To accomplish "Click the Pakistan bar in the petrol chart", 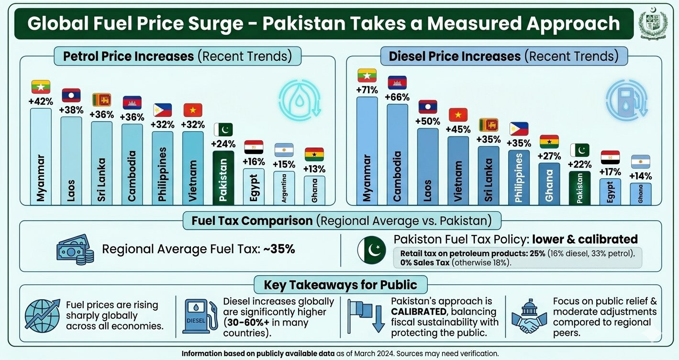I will click(223, 178).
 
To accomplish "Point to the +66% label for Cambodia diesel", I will click(397, 97).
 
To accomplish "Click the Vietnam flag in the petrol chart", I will click(193, 110).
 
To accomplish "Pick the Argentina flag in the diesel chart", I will click(640, 161).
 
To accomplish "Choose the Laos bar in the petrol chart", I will click(71, 160).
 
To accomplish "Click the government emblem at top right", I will click(654, 24).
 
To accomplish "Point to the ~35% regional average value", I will click(279, 249).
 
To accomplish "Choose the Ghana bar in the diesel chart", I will click(549, 183).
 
